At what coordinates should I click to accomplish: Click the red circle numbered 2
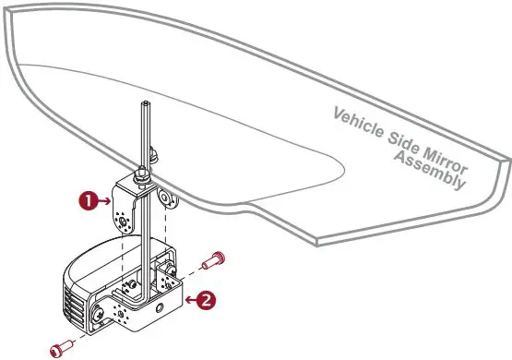pyautogui.click(x=208, y=299)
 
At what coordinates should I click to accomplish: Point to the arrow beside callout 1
pyautogui.click(x=101, y=198)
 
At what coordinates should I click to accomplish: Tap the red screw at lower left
pyautogui.click(x=60, y=347)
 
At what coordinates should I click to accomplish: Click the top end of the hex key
pyautogui.click(x=145, y=104)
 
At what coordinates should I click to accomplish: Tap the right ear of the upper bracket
pyautogui.click(x=166, y=198)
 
